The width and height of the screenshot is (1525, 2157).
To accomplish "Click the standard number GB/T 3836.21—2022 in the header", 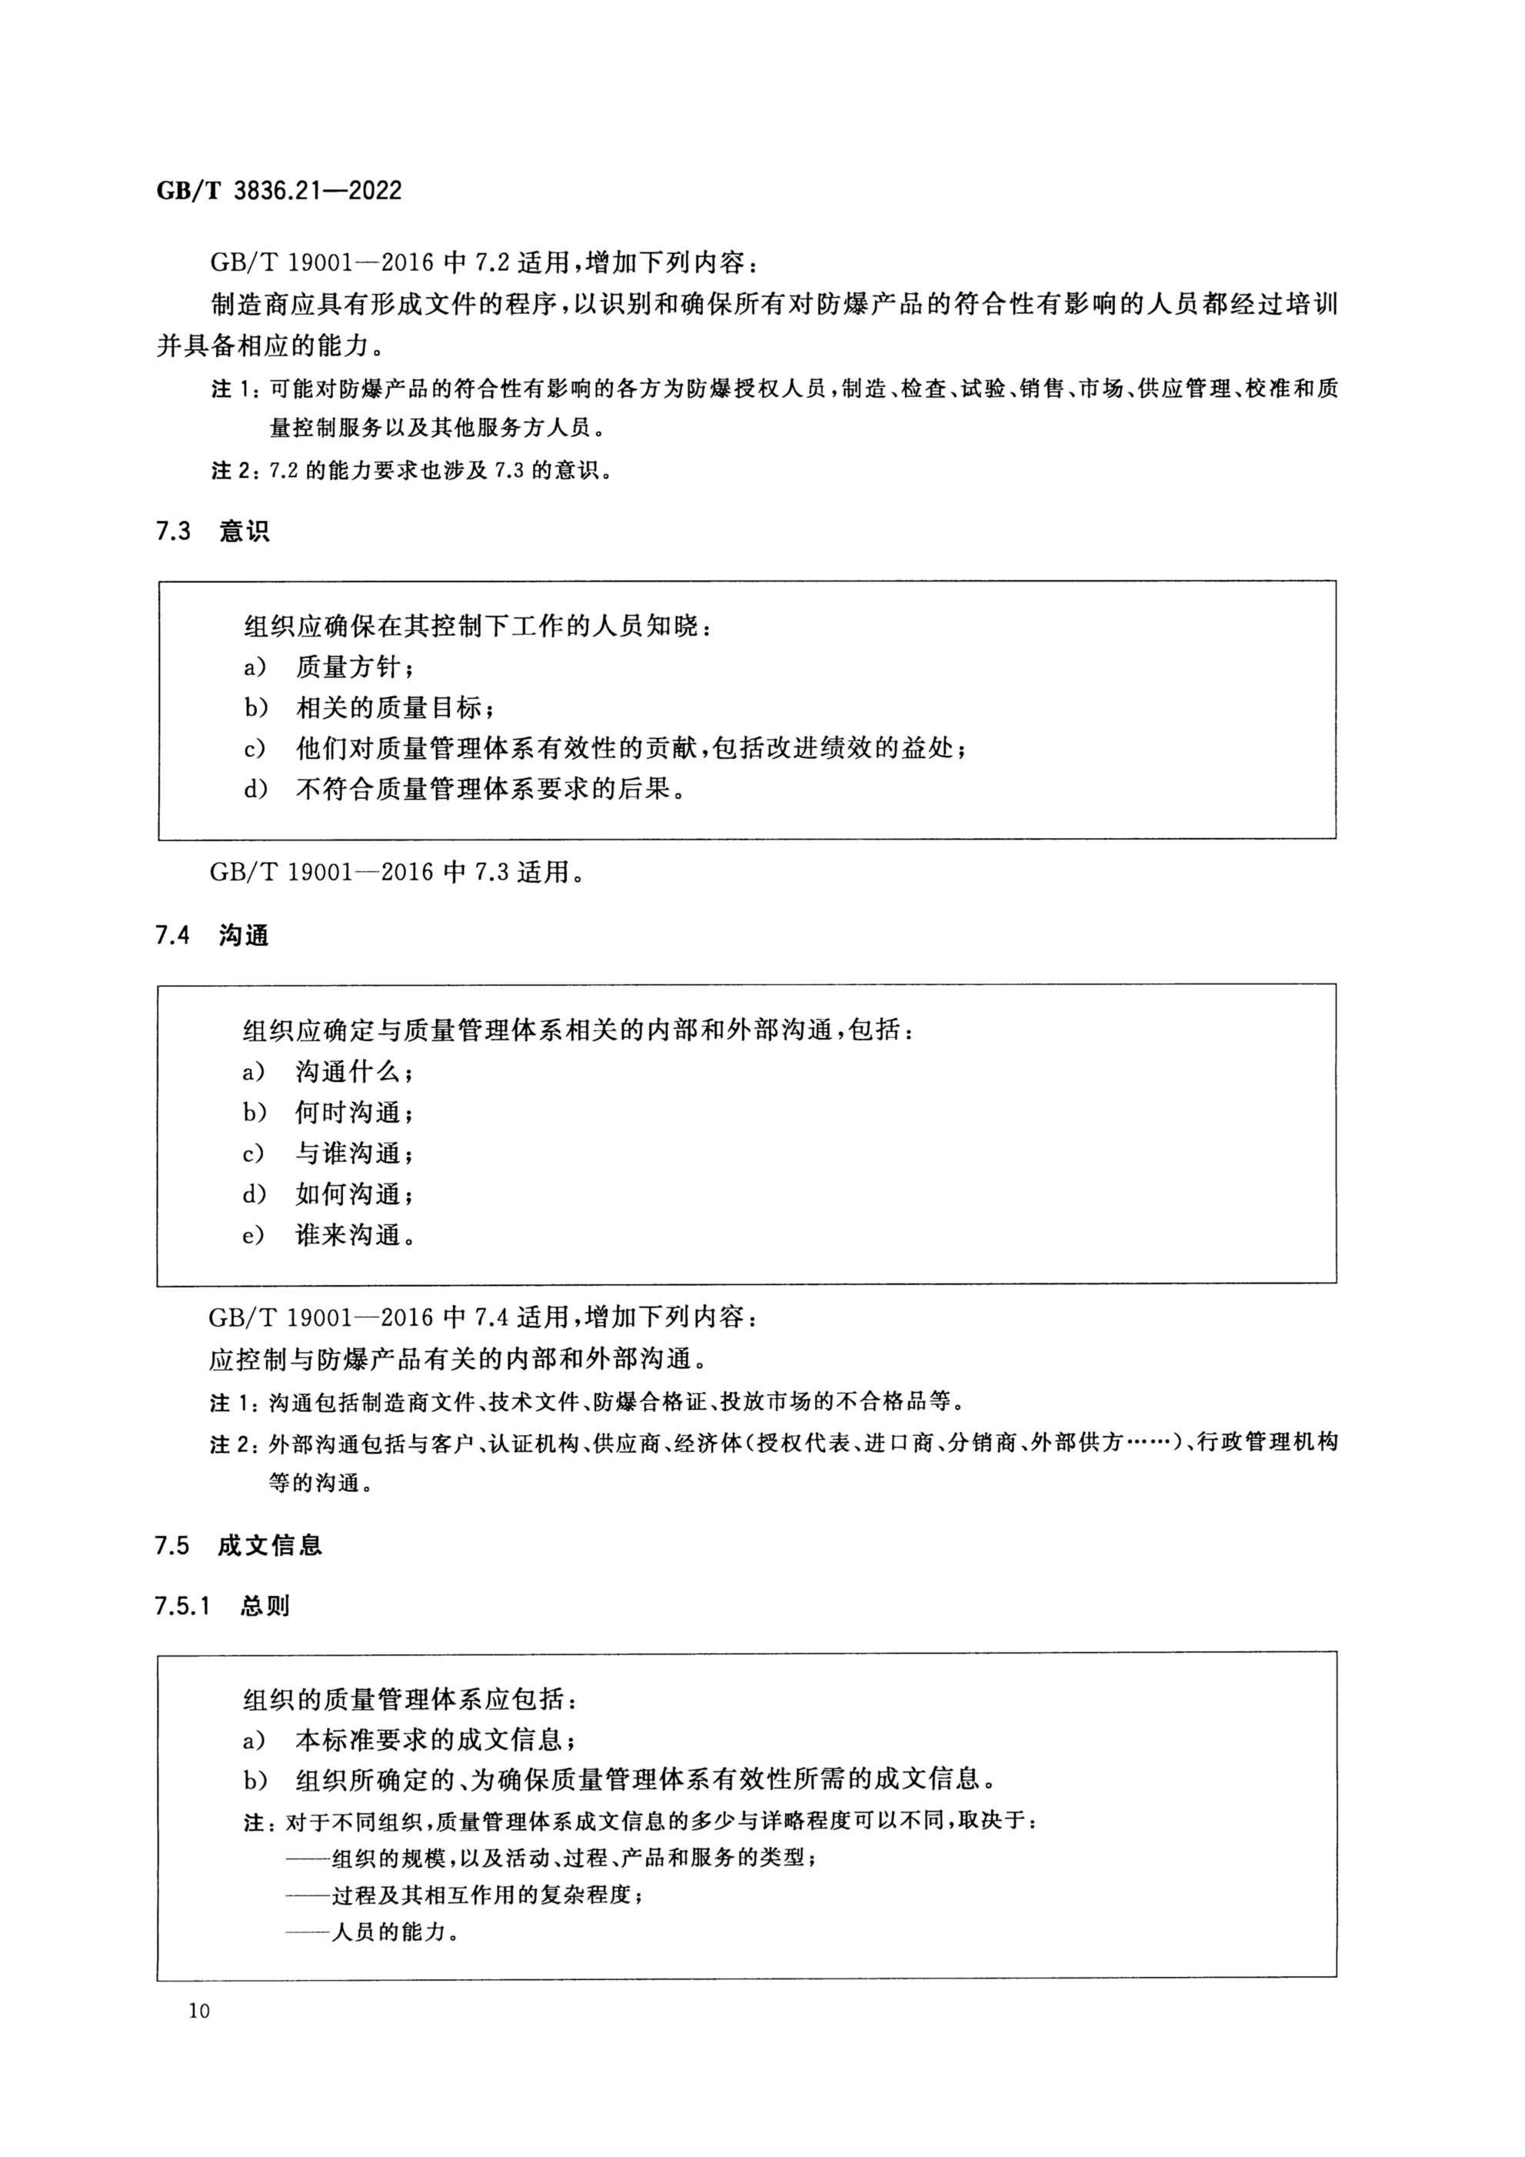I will coord(279,192).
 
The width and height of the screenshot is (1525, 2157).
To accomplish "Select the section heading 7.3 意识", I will coord(212,532).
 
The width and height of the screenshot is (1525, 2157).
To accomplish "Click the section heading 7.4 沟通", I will coord(212,936).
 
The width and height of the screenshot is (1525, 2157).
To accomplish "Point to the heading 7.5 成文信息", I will coord(238,1545).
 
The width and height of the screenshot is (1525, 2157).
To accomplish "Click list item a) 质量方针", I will coord(328,667).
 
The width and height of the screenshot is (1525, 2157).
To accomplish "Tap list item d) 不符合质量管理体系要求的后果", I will coord(464,789).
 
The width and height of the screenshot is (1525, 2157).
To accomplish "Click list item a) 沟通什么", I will coord(328,1071).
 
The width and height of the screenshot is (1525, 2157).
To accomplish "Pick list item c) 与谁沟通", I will coord(328,1153).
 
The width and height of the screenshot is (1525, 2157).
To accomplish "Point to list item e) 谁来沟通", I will coord(328,1234).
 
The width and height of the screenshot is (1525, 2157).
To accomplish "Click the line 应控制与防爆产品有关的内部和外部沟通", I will coord(458,1358).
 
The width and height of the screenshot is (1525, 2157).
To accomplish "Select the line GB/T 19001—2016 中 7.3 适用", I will coord(398,872).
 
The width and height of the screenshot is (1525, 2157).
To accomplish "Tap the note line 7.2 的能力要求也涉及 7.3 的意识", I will coord(413,469).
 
